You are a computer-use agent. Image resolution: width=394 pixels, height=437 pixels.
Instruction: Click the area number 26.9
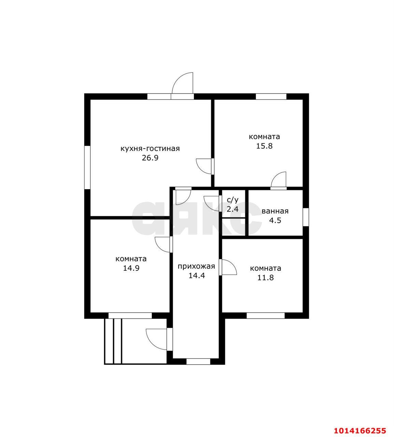click(x=150, y=158)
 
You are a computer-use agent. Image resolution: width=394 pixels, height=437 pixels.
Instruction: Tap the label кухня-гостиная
click(x=150, y=149)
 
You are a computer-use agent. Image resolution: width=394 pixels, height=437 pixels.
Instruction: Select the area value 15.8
click(x=264, y=146)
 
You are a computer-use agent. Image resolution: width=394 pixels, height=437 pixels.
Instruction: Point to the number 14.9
click(x=131, y=268)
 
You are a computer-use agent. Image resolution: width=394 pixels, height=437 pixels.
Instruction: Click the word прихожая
click(x=196, y=266)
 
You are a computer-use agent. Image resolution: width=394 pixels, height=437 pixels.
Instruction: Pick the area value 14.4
click(x=197, y=276)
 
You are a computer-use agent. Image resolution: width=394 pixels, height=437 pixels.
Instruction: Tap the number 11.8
click(x=265, y=278)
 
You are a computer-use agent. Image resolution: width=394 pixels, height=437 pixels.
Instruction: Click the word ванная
click(x=275, y=211)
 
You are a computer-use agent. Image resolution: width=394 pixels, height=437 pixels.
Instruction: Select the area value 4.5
click(x=275, y=221)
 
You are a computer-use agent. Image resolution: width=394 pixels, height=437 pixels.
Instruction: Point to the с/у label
click(x=233, y=200)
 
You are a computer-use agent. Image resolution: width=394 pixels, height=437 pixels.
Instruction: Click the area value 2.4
click(x=233, y=209)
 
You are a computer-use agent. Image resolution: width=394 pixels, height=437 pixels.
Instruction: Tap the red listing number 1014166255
click(x=360, y=424)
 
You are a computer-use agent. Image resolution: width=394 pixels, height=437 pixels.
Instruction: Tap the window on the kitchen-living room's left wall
click(x=87, y=167)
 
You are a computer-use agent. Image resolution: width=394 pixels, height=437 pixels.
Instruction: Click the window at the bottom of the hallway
click(x=198, y=362)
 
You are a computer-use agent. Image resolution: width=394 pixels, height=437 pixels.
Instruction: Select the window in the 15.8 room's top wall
click(x=271, y=97)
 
